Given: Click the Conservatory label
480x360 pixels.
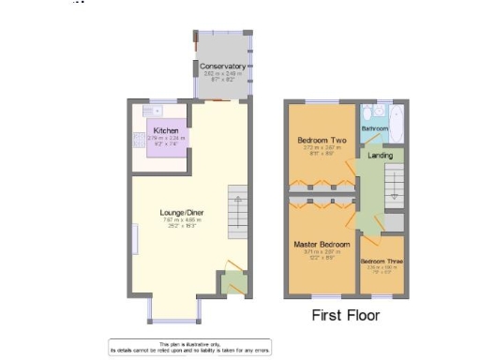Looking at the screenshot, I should point(222,67).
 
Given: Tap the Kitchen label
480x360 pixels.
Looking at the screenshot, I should point(166,131).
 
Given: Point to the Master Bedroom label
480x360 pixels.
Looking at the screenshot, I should point(321,245).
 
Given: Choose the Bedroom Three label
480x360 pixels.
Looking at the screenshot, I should point(381,261).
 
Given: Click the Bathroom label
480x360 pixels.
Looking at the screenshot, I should point(376,128).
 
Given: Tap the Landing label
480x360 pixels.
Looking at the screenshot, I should point(380,155).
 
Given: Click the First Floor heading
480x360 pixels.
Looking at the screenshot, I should point(345,315).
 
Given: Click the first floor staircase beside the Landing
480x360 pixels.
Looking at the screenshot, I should point(395,183).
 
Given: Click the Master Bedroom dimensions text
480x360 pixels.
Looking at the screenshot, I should point(321,254).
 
